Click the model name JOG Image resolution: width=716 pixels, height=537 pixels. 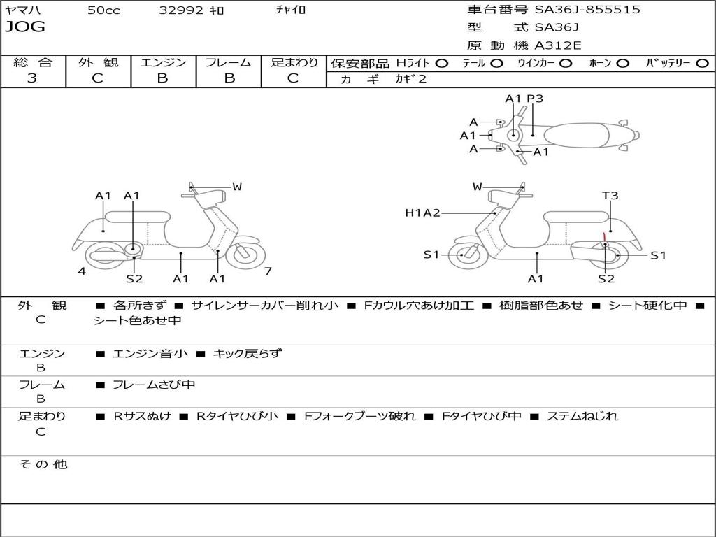[x=25, y=27]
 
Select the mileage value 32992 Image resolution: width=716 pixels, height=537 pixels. [x=181, y=10]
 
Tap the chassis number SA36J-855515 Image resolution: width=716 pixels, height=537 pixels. [x=587, y=10]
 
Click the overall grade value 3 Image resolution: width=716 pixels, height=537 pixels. [x=32, y=78]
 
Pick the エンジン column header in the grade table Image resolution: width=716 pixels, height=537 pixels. [x=163, y=62]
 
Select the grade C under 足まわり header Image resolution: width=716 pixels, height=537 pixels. [x=293, y=78]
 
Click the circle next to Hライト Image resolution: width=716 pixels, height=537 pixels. [x=442, y=63]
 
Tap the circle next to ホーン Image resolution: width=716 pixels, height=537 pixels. [x=623, y=63]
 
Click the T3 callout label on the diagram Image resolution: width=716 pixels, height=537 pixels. [x=610, y=196]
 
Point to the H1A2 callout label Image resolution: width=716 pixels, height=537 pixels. [x=422, y=213]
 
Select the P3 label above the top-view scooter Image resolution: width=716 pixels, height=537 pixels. [x=535, y=99]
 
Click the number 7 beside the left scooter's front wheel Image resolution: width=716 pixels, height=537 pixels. [x=268, y=271]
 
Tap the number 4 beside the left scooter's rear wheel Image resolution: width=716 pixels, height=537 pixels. [x=82, y=271]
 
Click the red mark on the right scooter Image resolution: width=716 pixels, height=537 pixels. [x=604, y=238]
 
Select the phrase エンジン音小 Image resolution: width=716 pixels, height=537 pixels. [x=150, y=354]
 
